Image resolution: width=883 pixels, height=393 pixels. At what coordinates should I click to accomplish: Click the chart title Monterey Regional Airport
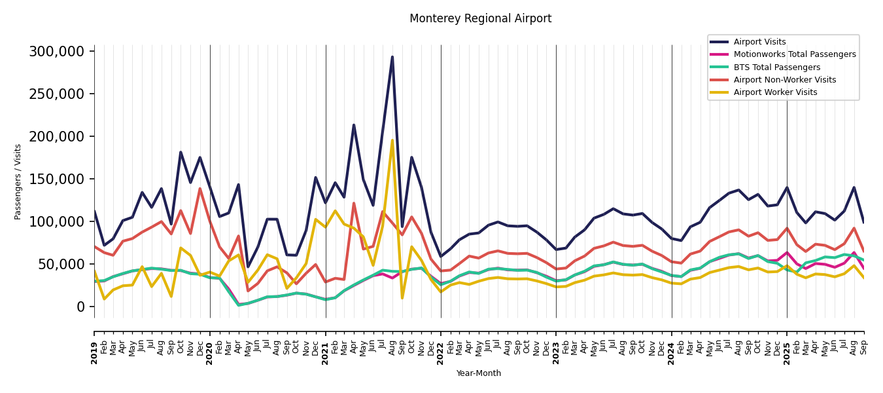point(480,19)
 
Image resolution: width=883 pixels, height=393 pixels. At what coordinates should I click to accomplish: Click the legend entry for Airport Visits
point(759,42)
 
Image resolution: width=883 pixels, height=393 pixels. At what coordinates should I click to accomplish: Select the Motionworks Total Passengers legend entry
point(794,54)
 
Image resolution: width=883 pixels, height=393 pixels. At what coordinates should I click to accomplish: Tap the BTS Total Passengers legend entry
point(776,67)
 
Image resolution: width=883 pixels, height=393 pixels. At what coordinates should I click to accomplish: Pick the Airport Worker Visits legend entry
point(775,92)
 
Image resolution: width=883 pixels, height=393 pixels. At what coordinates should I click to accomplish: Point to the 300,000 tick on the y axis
point(57,52)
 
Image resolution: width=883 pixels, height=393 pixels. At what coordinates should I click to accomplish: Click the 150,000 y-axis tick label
point(57,179)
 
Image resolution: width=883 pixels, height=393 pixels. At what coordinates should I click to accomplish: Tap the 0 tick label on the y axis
point(80,307)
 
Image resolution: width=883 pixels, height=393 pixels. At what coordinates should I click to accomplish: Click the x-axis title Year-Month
point(479,373)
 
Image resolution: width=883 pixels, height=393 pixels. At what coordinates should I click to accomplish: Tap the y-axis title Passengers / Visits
point(18,181)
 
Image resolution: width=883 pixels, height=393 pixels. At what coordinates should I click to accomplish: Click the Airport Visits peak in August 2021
point(392,57)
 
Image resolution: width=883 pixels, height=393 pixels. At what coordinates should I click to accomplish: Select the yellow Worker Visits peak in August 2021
point(392,140)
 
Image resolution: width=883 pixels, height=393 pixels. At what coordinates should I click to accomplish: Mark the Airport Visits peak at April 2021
point(354,125)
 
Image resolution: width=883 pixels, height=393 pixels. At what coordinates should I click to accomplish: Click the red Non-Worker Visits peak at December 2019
point(200,189)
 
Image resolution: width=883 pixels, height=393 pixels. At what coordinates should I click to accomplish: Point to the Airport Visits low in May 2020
point(248,267)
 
